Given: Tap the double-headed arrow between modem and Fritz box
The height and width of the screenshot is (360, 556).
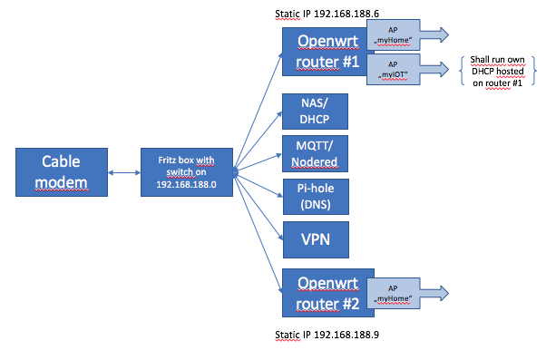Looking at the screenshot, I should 122,171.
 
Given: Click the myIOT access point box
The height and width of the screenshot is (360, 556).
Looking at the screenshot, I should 396,70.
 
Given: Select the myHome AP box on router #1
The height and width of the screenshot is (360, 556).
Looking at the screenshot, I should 396,36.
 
